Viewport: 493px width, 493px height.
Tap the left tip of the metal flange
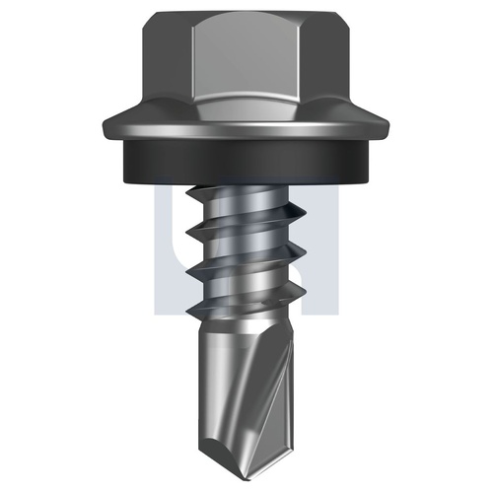(x=104, y=126)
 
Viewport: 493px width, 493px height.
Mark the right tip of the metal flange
(x=389, y=126)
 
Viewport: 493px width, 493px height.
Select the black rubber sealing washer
(x=246, y=161)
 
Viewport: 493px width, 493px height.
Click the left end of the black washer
(x=125, y=161)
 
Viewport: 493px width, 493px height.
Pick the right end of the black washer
(x=368, y=161)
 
